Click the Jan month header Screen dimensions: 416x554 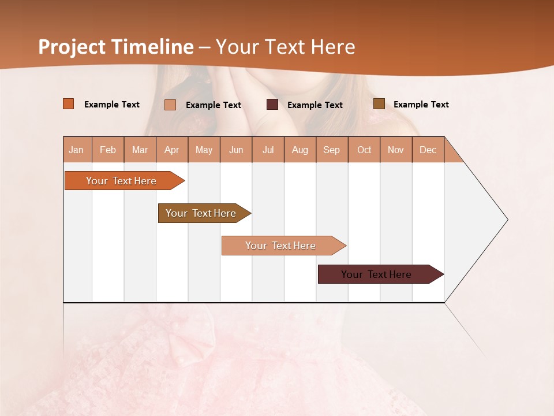click(76, 150)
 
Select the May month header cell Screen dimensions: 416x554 click(204, 150)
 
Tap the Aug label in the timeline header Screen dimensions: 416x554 click(300, 150)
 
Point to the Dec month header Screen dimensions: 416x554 click(428, 150)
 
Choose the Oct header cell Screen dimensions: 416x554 click(364, 150)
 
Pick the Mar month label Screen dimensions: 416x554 click(140, 150)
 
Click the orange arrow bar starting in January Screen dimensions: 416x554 click(122, 181)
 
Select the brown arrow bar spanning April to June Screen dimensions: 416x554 click(201, 213)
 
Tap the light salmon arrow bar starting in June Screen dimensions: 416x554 click(281, 246)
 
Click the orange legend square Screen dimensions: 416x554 click(69, 104)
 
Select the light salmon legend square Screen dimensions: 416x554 click(170, 105)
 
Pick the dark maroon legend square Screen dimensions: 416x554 click(272, 105)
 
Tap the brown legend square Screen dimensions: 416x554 click(379, 104)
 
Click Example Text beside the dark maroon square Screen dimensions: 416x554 click(315, 105)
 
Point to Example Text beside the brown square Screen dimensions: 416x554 click(421, 105)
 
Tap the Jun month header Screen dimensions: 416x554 click(236, 150)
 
